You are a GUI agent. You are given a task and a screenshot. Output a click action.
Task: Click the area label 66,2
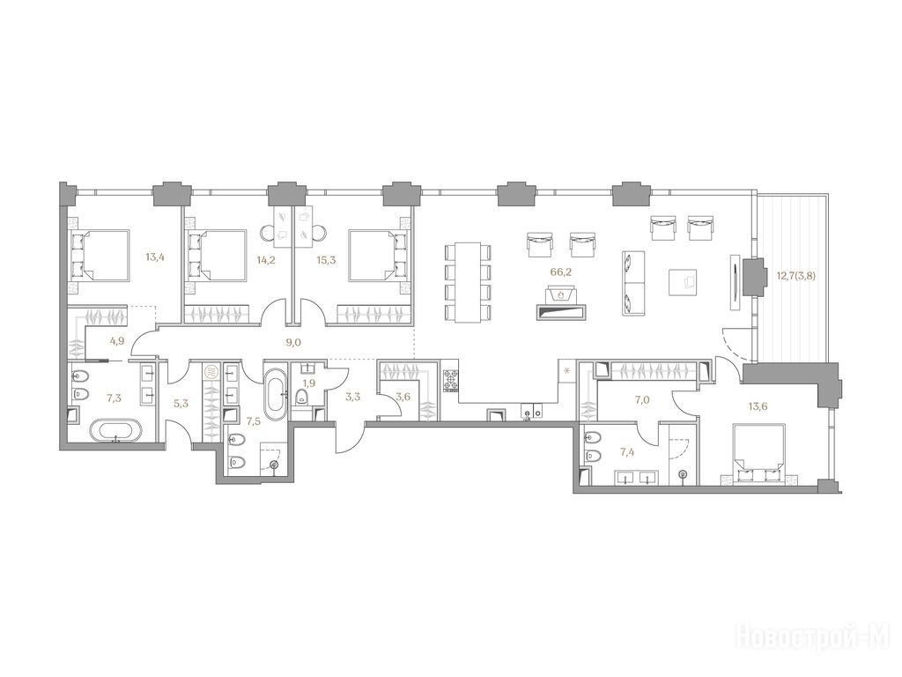pyautogui.click(x=558, y=272)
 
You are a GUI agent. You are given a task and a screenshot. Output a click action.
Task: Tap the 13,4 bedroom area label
pyautogui.click(x=153, y=257)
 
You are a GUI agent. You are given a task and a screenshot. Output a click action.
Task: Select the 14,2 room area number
pyautogui.click(x=267, y=260)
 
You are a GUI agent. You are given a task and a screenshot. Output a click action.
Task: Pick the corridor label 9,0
pyautogui.click(x=293, y=343)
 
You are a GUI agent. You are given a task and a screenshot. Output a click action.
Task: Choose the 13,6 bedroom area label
pyautogui.click(x=759, y=405)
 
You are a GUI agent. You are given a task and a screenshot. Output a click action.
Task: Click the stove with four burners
pyautogui.click(x=450, y=381)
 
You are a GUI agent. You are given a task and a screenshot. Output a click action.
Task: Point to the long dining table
pyautogui.click(x=469, y=281)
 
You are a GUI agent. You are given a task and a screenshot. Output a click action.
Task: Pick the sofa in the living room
pyautogui.click(x=632, y=283)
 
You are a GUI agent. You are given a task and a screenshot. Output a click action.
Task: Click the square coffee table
pyautogui.click(x=684, y=282)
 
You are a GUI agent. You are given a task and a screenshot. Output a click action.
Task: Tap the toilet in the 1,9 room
pyautogui.click(x=301, y=397)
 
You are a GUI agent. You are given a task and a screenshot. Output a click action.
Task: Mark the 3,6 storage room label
pyautogui.click(x=403, y=396)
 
